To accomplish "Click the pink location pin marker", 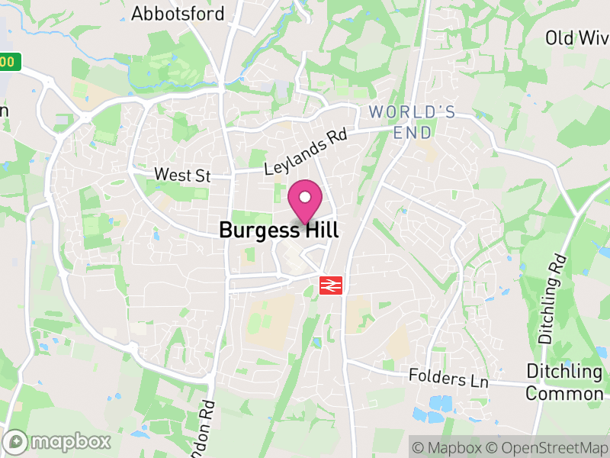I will (x=305, y=202).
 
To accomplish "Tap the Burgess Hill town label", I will (x=278, y=230).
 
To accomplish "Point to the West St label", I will (x=182, y=175).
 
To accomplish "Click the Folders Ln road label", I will (x=448, y=377).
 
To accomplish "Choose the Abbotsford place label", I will (x=178, y=14).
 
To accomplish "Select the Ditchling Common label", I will (x=564, y=382).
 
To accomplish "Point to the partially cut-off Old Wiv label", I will (x=577, y=37).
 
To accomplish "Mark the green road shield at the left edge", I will (x=8, y=62).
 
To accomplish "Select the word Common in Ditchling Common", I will (x=564, y=394).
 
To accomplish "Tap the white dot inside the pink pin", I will (x=305, y=197).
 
